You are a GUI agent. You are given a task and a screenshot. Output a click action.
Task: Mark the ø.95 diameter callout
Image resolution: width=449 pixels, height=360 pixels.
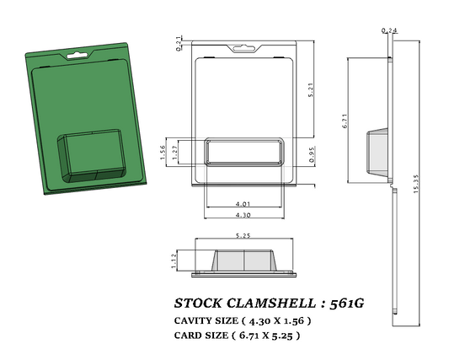coord(311,153)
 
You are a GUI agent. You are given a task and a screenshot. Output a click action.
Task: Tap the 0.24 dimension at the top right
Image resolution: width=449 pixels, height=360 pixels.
coord(389,30)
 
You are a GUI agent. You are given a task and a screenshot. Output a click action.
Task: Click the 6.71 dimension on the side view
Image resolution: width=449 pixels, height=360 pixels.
coord(346,122)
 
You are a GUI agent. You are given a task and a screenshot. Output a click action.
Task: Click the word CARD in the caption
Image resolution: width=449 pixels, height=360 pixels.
coord(189,336)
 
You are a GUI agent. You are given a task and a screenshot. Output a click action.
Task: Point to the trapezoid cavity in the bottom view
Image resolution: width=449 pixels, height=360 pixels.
coord(244,261)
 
